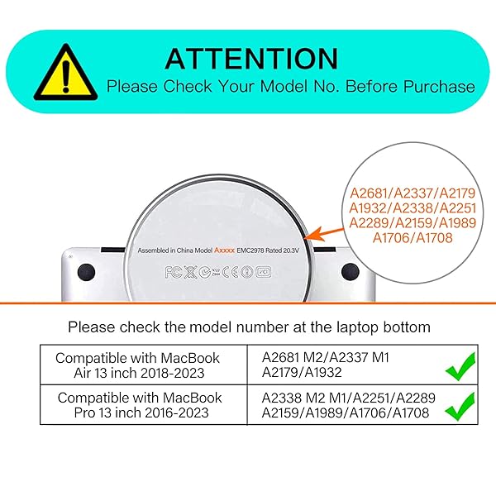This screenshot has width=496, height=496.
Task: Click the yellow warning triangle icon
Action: click(x=65, y=74)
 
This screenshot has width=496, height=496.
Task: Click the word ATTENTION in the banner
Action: click(x=251, y=59)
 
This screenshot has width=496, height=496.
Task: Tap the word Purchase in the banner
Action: click(x=440, y=86)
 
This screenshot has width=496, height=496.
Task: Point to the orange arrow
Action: click(x=325, y=235)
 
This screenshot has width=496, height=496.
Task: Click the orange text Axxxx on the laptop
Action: click(x=225, y=250)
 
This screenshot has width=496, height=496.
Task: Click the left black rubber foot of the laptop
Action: click(x=86, y=272)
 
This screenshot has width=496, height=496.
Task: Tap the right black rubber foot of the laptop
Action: click(x=351, y=272)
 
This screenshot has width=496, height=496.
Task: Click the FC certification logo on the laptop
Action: click(x=174, y=272)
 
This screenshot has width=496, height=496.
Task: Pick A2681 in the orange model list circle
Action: click(x=369, y=193)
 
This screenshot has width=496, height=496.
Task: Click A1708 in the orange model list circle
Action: click(x=434, y=238)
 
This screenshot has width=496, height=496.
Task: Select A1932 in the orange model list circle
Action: click(x=368, y=208)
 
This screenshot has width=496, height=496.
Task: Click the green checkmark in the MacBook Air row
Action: click(x=460, y=366)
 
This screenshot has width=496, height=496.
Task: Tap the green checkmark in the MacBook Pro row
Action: click(x=460, y=406)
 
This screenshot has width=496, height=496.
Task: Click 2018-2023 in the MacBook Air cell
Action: click(x=173, y=374)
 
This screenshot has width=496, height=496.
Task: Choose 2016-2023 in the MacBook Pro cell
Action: click(x=177, y=413)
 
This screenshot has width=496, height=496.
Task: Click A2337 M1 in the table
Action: click(x=359, y=358)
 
